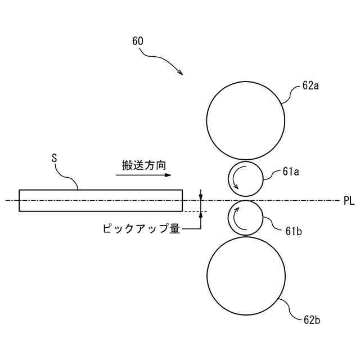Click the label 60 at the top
point(138,41)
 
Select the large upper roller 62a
point(245,120)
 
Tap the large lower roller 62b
point(246,274)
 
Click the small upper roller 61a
point(245,179)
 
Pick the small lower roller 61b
point(245,218)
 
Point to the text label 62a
point(310,86)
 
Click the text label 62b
point(312,320)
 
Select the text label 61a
point(291,172)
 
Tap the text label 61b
point(294,231)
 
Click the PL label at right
point(349,200)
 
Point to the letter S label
point(55,159)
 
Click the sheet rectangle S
point(101,200)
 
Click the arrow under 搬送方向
point(143,175)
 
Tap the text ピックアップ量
point(141,229)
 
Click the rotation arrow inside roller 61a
point(237,179)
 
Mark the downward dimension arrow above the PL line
point(200,195)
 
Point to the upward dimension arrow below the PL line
point(200,217)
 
